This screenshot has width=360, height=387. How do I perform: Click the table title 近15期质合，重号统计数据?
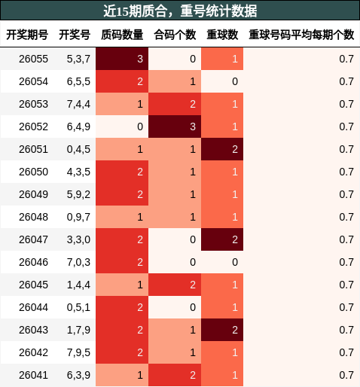[179, 11]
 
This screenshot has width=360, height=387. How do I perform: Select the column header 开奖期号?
[27, 35]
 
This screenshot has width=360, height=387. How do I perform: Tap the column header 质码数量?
[122, 35]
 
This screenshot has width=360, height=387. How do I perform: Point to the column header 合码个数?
[175, 35]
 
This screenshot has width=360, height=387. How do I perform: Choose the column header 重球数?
[222, 35]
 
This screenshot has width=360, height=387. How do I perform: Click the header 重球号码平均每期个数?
[301, 35]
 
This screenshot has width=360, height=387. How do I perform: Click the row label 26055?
[33, 59]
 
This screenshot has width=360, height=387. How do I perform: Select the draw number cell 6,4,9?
[78, 126]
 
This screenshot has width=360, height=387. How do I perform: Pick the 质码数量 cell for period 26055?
[122, 59]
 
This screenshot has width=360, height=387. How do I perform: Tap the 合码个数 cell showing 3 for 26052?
[175, 126]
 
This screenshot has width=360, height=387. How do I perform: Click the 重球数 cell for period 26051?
[222, 149]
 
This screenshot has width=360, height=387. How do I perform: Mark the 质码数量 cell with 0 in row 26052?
[122, 126]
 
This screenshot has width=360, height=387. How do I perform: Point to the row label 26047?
[33, 239]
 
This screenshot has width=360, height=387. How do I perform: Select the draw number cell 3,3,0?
[78, 239]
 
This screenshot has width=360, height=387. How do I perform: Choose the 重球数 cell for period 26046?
[222, 262]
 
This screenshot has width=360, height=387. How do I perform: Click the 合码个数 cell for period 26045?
[175, 285]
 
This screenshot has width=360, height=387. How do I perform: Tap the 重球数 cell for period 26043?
[222, 330]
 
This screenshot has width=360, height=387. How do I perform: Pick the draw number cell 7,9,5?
[78, 352]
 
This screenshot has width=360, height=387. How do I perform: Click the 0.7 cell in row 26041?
[301, 375]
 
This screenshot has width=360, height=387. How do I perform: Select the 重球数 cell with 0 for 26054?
[222, 81]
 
